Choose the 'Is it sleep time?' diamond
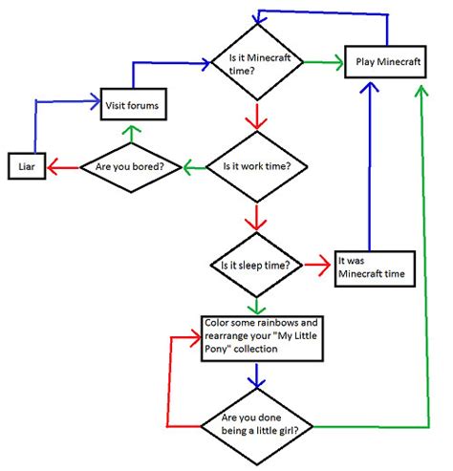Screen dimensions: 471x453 pyautogui.click(x=255, y=264)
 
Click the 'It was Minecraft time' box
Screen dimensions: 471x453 pyautogui.click(x=374, y=267)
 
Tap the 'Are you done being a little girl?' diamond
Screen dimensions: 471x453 pyautogui.click(x=255, y=422)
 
